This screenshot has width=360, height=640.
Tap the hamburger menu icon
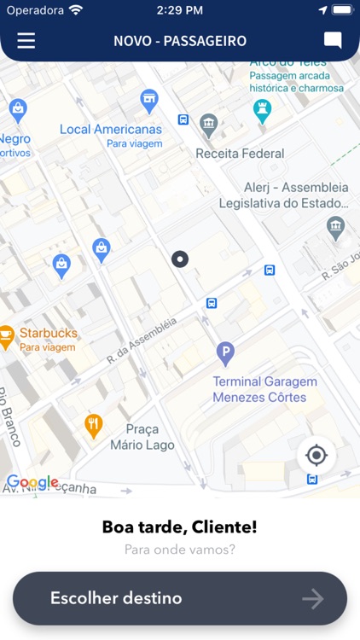(26, 40)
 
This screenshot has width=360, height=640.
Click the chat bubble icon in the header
(333, 40)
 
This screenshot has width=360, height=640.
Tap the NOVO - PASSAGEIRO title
(180, 41)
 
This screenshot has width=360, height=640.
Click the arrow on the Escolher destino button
(313, 599)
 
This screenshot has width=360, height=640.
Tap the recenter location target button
(316, 455)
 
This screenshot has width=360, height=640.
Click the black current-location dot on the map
(180, 259)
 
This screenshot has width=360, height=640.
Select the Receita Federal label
(240, 154)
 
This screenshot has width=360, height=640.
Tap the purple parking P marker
(225, 351)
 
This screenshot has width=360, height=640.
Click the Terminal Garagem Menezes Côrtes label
(264, 388)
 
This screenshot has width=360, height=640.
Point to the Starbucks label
(49, 333)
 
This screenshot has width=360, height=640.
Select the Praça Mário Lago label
(142, 437)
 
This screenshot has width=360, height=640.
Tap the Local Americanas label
(111, 130)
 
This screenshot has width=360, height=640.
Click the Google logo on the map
(32, 483)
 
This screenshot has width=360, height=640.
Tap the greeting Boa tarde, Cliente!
(180, 527)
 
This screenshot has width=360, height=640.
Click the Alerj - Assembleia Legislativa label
(284, 195)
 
